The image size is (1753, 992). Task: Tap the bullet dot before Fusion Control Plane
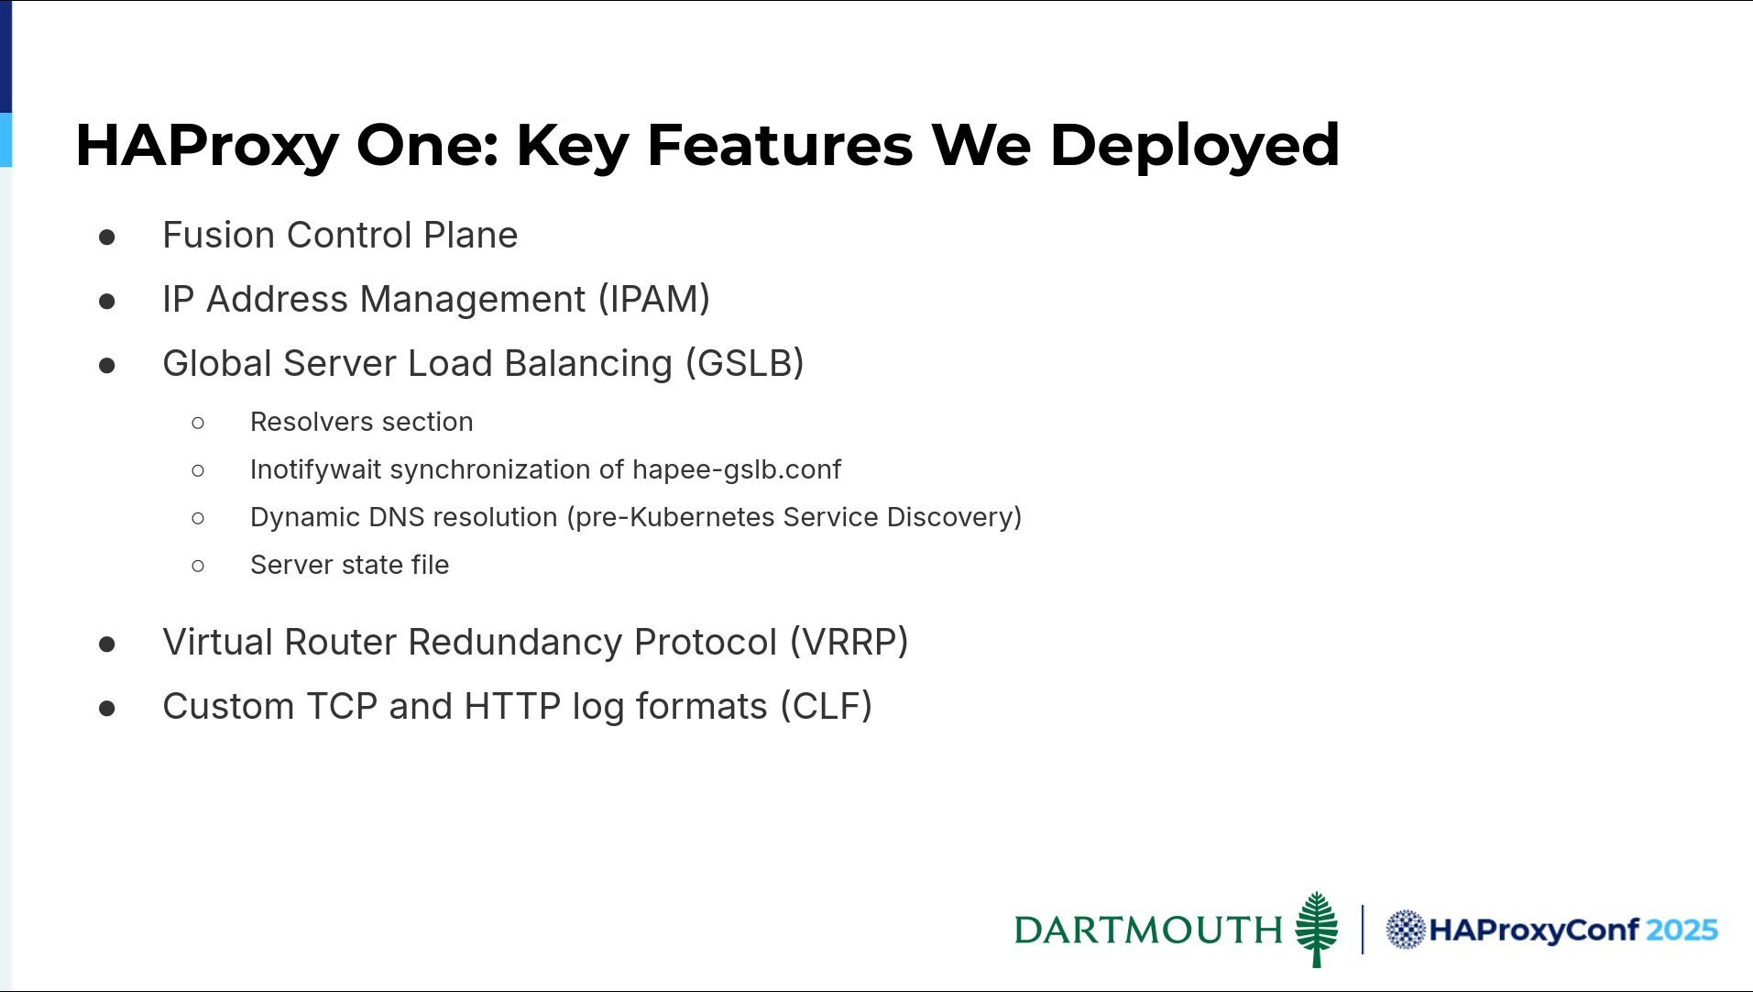click(107, 237)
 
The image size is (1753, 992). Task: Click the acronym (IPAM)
click(654, 300)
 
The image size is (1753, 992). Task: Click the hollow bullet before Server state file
click(198, 566)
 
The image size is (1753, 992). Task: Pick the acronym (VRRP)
click(849, 643)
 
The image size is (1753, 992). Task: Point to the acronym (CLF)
click(826, 707)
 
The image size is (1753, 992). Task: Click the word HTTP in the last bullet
click(512, 707)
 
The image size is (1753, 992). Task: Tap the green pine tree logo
click(1317, 929)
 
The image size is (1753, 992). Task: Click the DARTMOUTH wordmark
click(1148, 930)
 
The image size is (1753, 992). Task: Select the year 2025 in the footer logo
click(1682, 930)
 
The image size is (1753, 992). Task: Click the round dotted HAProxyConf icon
click(1405, 930)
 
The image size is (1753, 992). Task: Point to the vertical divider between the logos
click(1363, 930)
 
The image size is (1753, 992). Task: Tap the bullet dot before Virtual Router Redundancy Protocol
click(107, 645)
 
